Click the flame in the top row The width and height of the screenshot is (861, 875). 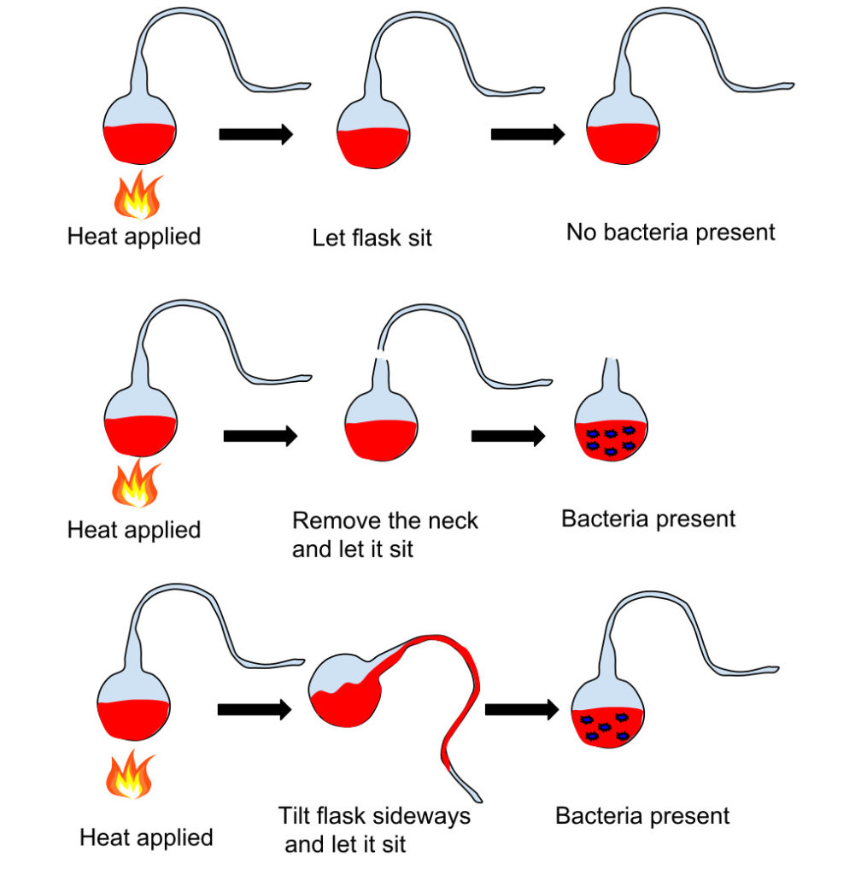(x=138, y=195)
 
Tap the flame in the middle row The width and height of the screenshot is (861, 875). (x=136, y=484)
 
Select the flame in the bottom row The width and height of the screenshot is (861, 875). (x=130, y=774)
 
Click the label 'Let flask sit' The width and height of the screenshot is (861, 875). (x=372, y=238)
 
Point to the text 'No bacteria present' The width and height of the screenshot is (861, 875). (x=671, y=232)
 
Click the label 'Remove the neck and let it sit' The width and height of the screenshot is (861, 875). (x=384, y=535)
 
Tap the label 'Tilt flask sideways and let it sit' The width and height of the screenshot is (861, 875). (x=374, y=830)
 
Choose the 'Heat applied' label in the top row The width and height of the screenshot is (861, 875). (x=134, y=237)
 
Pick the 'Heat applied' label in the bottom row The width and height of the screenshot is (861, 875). (x=146, y=837)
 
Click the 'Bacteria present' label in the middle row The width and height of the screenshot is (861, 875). (x=648, y=519)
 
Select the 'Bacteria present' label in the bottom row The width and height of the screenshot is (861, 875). (x=642, y=816)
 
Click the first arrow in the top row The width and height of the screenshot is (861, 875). (x=256, y=134)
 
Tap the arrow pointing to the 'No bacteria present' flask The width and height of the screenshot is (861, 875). (x=528, y=134)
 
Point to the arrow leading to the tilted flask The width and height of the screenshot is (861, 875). (x=255, y=709)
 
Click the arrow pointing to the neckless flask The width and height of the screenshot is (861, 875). (x=508, y=436)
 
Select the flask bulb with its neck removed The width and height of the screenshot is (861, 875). (x=612, y=426)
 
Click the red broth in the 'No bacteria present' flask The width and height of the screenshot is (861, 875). (x=623, y=144)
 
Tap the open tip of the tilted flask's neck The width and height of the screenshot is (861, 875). (x=478, y=799)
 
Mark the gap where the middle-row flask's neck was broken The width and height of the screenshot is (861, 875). (x=381, y=354)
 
